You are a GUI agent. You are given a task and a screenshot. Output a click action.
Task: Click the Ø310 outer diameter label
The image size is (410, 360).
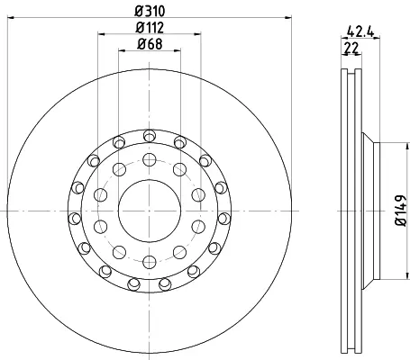point(150,12)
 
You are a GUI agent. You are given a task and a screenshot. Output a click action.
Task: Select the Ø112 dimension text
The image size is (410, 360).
point(150,28)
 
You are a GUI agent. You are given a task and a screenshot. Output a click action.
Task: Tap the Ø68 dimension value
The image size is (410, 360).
point(150,44)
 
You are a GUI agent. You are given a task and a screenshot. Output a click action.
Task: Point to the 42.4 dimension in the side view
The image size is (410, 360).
point(360,31)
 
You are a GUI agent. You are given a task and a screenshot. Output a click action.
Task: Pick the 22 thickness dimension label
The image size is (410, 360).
point(352,48)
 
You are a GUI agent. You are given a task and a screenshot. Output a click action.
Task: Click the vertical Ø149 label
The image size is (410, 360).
point(401,211)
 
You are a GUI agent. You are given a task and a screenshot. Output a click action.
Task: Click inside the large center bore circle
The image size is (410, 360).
point(150,211)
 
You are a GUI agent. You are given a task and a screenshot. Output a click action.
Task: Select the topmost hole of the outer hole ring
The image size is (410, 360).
point(150,136)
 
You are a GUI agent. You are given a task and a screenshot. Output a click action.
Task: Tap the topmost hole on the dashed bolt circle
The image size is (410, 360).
point(150,159)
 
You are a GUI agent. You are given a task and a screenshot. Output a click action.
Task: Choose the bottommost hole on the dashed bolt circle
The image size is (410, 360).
point(150,262)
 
